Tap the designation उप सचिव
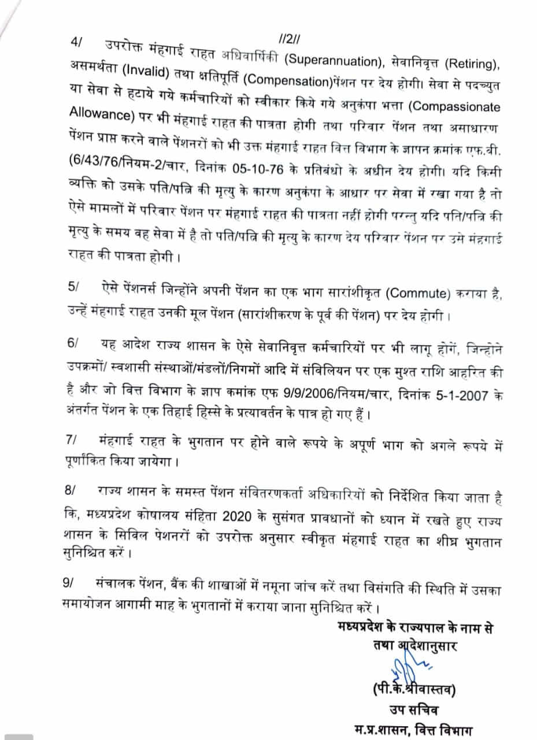(414, 710)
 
